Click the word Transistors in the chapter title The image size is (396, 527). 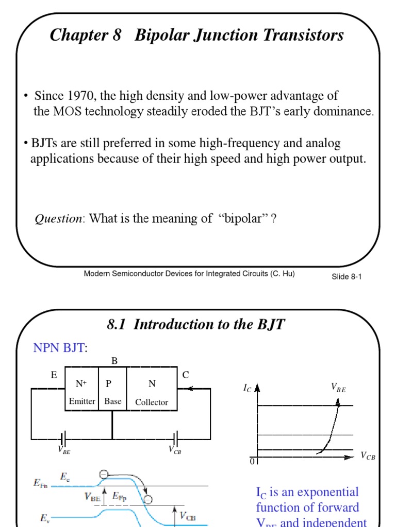point(300,36)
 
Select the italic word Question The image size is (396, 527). point(58,219)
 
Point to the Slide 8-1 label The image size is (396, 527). point(346,277)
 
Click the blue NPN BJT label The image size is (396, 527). point(59,349)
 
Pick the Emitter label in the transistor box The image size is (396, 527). point(82,401)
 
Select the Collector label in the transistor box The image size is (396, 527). point(152,402)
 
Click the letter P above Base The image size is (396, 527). point(109,383)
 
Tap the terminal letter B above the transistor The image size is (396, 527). point(114,361)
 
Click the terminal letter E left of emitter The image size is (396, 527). point(54,375)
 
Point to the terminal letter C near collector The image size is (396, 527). point(186,375)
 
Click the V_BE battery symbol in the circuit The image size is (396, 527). point(62,439)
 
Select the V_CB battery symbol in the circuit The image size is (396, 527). point(175,439)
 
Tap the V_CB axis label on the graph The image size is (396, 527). point(368,455)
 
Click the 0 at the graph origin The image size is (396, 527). point(253,461)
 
